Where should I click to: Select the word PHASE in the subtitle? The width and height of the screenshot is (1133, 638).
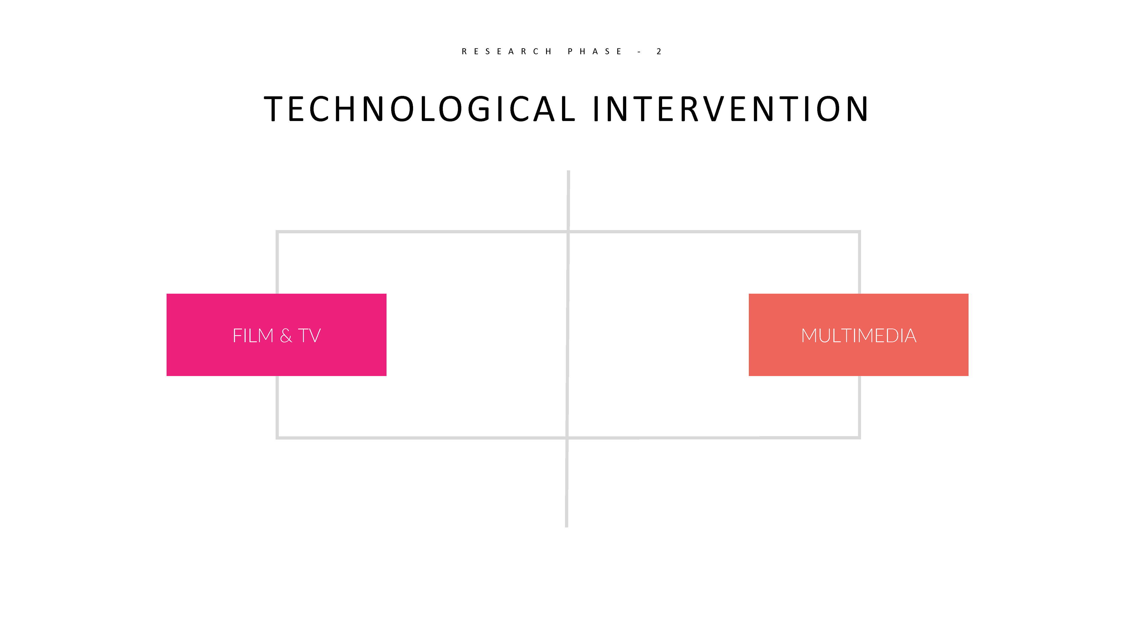coord(595,51)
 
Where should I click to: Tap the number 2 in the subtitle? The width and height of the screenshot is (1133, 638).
coord(659,51)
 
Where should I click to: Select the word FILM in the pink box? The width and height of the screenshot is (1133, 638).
coord(253,336)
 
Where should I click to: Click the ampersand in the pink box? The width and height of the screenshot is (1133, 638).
coord(286,336)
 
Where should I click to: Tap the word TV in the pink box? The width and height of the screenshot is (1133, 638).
coord(310,336)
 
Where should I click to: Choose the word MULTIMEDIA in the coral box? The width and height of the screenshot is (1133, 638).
coord(859,336)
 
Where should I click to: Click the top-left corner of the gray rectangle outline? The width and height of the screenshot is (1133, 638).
coord(277,231)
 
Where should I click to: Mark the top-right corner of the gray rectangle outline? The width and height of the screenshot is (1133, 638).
coord(859,231)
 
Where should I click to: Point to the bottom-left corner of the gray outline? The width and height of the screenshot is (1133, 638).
coord(277,438)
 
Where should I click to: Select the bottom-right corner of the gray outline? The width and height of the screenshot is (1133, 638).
coord(859,437)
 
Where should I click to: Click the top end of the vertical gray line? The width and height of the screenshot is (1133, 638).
coord(569,171)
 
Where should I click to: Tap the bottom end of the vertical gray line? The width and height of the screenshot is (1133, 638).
coord(566,526)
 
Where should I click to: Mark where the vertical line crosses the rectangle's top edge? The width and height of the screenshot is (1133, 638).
coord(568,231)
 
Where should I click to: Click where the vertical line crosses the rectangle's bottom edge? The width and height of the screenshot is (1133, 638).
coord(567,438)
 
